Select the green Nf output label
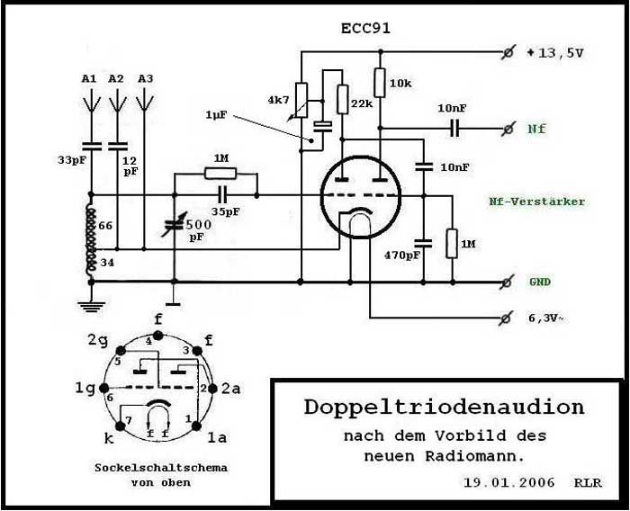click(x=536, y=129)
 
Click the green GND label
click(x=540, y=282)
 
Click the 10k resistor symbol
click(x=379, y=82)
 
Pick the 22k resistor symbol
click(x=343, y=99)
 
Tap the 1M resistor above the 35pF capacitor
click(x=220, y=173)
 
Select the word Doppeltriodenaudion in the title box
click(x=444, y=407)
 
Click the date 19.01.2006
click(x=509, y=481)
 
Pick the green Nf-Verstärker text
click(x=536, y=202)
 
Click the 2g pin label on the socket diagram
click(x=97, y=340)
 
